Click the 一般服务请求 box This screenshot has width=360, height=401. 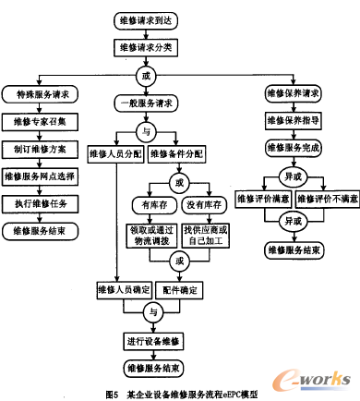coord(145,103)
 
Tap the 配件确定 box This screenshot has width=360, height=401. coord(181,291)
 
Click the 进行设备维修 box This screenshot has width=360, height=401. coord(145,341)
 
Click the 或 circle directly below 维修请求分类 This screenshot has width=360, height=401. coord(145,72)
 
